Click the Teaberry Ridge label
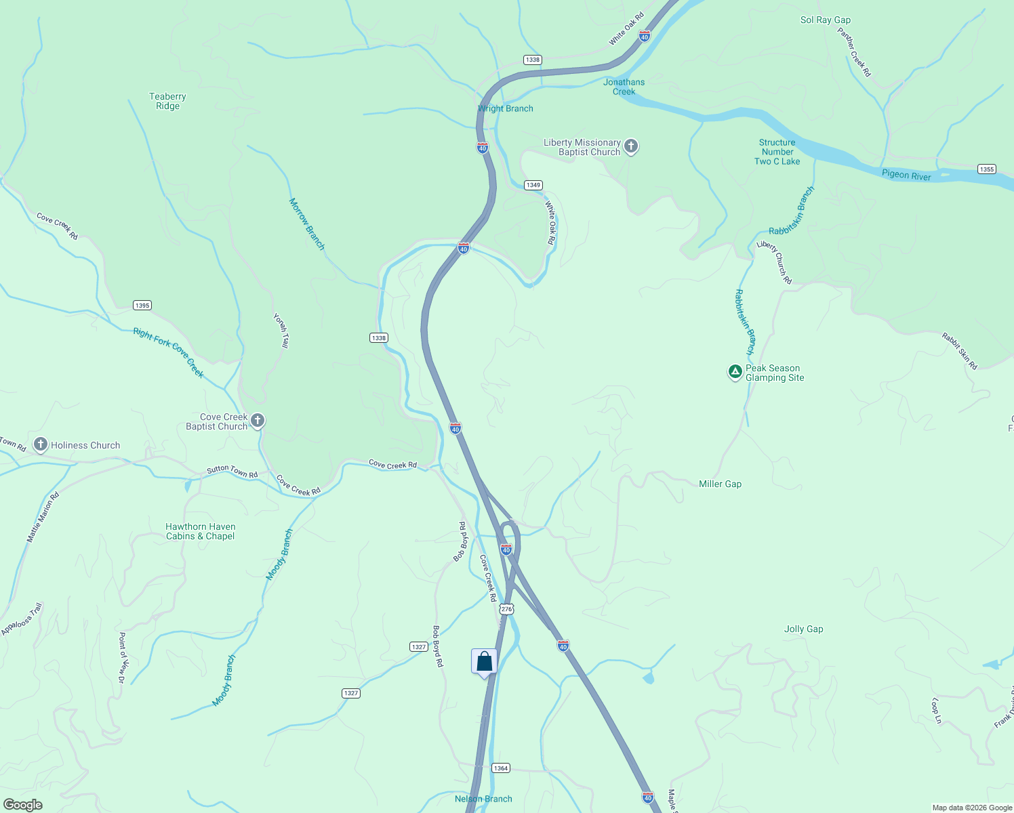coord(167,101)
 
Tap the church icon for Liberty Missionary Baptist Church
coord(631,146)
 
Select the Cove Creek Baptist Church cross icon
coord(258,421)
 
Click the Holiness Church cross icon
coord(41,444)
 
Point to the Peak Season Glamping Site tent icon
coord(735,371)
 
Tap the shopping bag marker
coord(485,661)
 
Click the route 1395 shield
coord(142,306)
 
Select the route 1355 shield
coord(986,169)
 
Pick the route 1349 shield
coord(533,185)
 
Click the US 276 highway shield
coord(506,609)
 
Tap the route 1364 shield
coord(500,768)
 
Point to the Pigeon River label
coord(906,175)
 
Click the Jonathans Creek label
coord(624,87)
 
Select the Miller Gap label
coord(720,484)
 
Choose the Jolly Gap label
coord(803,629)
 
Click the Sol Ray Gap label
coord(825,20)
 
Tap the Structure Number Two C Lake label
coord(777,152)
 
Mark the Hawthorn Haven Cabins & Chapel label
coord(201,531)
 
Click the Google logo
coord(22,805)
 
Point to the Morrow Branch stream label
coord(307,224)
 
